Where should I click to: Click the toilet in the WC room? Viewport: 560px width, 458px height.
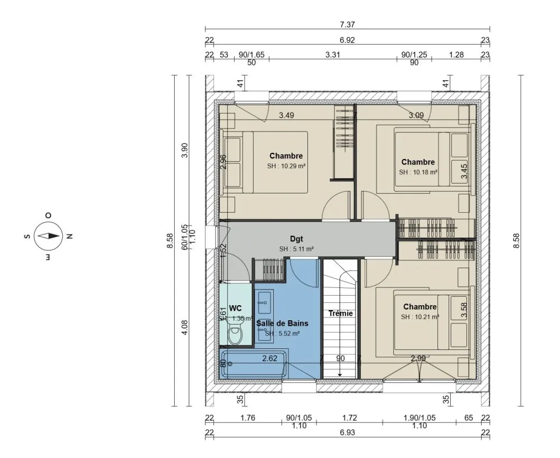click(x=236, y=335)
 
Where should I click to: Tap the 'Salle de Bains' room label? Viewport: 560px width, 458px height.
click(x=282, y=323)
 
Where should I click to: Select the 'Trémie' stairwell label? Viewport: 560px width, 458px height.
click(x=340, y=313)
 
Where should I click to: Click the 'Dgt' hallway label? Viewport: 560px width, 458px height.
click(x=296, y=239)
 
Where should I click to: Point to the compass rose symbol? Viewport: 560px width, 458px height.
click(x=48, y=236)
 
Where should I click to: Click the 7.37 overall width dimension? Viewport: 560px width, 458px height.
click(x=347, y=25)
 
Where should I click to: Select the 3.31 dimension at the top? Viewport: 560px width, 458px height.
click(x=333, y=55)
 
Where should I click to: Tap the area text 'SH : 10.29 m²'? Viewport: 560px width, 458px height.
click(x=286, y=166)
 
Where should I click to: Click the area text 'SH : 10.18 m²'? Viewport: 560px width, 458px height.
click(x=418, y=172)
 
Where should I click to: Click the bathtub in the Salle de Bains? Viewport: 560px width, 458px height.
click(x=255, y=364)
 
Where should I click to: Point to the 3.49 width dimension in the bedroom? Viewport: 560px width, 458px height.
click(x=287, y=116)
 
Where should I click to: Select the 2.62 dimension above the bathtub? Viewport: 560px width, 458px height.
click(x=270, y=358)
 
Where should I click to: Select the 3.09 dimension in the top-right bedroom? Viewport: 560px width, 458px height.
click(x=416, y=116)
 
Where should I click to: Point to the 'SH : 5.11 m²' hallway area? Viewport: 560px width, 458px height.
click(x=296, y=249)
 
